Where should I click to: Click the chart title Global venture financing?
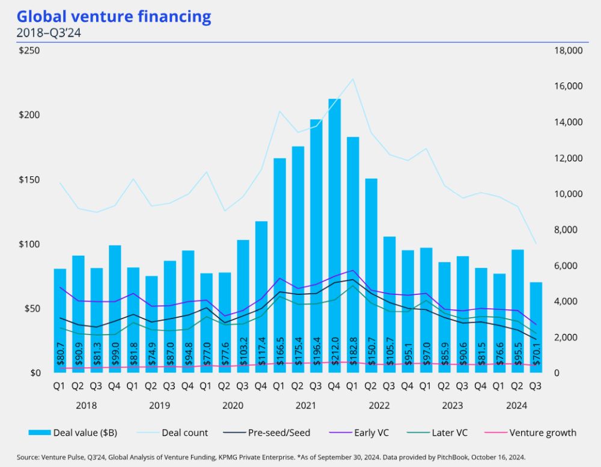(x=114, y=16)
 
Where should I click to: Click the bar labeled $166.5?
(x=279, y=265)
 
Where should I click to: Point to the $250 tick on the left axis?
(x=29, y=51)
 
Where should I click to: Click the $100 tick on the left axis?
(x=29, y=244)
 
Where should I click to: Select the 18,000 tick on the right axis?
(x=567, y=51)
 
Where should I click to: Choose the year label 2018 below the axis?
(x=87, y=406)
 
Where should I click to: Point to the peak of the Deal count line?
(x=353, y=79)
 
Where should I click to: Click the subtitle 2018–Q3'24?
(x=49, y=33)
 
